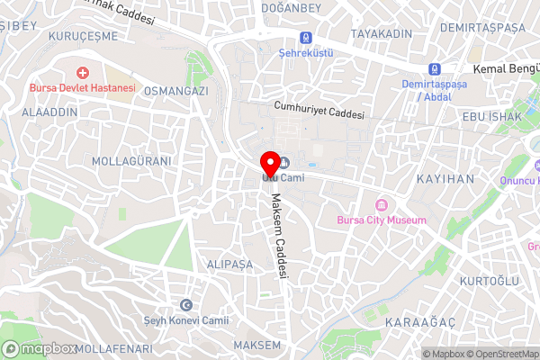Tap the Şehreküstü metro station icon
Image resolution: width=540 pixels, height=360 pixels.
(307, 38)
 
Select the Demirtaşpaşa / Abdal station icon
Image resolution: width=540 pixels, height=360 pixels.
(435, 69)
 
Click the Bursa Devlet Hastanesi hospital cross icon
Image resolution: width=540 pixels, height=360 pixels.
(83, 72)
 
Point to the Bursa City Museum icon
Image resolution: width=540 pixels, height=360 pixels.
(381, 204)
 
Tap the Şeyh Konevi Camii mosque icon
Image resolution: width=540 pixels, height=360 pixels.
(186, 305)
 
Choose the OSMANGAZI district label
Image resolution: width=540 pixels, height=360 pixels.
(176, 91)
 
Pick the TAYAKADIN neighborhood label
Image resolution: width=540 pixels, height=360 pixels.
(381, 33)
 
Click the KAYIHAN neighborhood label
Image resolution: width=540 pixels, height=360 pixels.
(445, 179)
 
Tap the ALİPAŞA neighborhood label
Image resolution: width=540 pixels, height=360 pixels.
(229, 265)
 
